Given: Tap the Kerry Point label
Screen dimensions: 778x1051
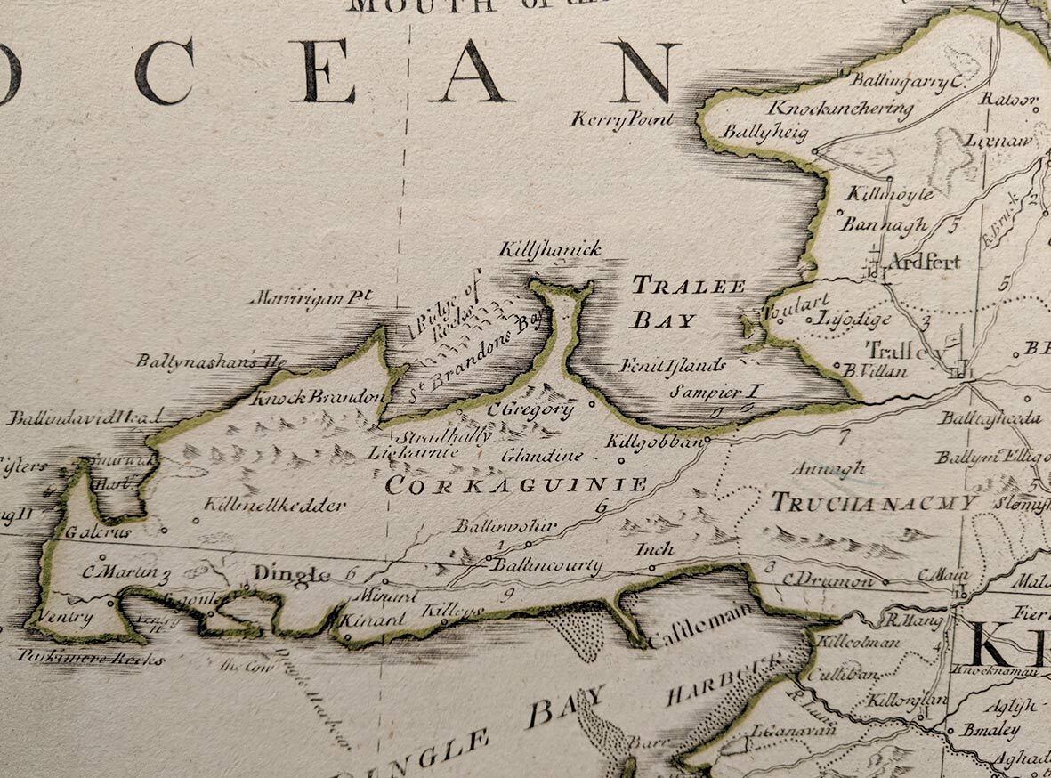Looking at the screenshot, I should (622, 119).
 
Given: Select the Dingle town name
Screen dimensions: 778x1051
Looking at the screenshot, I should (291, 574).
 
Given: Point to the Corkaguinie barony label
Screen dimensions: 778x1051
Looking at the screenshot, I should (516, 486).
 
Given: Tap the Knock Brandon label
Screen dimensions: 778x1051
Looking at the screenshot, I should (319, 398).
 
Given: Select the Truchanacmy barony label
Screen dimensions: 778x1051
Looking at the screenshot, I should (873, 503).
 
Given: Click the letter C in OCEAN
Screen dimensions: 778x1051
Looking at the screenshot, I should (164, 71).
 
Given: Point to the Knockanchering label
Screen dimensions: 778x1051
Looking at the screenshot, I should (841, 109).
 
